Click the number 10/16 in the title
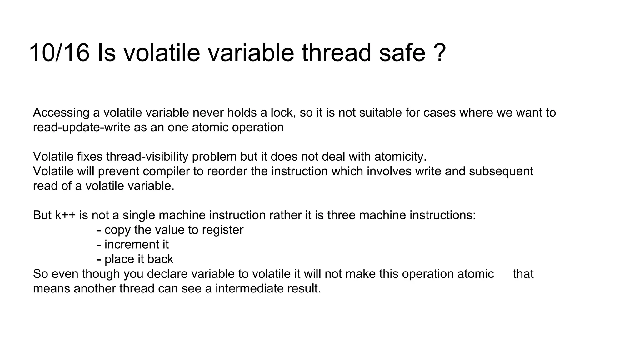tap(59, 53)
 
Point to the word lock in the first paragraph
tap(282, 112)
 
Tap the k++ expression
tap(65, 215)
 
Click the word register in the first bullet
tap(222, 230)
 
